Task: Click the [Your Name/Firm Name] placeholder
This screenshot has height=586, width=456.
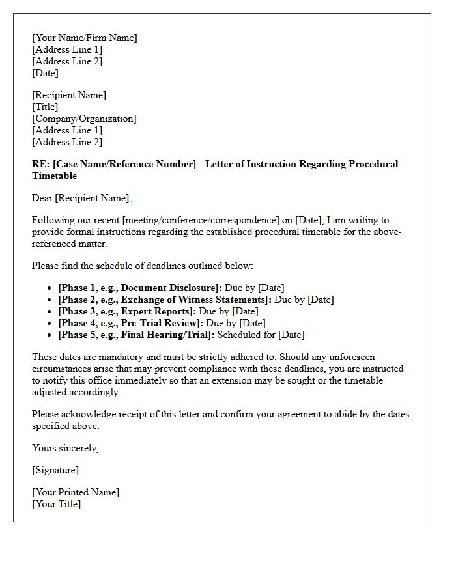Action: pos(85,38)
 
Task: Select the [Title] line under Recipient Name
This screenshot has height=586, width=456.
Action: pos(45,107)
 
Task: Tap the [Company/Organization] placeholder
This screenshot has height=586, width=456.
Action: pos(84,119)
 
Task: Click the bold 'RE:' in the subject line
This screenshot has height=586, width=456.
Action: pos(40,164)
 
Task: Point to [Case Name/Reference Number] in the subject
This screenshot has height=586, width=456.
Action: pos(124,164)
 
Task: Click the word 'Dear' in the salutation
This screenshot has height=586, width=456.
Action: pos(42,198)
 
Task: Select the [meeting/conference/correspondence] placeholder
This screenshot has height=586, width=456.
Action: pos(204,220)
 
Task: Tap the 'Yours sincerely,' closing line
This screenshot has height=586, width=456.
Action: pos(65,448)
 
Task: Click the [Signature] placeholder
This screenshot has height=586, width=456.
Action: pos(55,470)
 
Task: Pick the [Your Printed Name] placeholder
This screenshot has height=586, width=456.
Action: pos(76,492)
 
